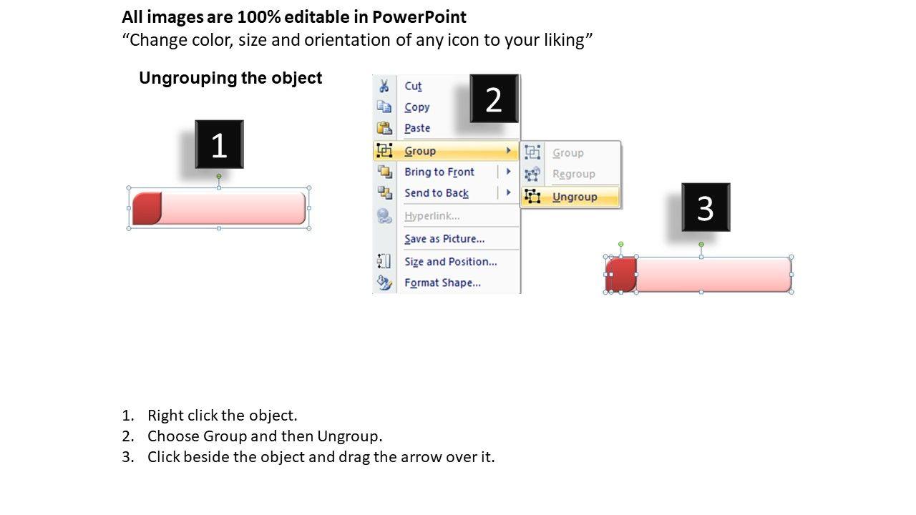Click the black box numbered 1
[x=219, y=144]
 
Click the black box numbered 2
[x=494, y=99]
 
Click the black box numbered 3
[x=706, y=207]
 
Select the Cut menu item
[x=413, y=86]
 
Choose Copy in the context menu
[x=417, y=107]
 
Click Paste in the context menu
[x=417, y=128]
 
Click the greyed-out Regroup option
[x=574, y=174]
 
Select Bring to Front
[x=439, y=172]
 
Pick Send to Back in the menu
[x=437, y=193]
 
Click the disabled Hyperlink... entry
[x=432, y=216]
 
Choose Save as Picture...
[x=444, y=239]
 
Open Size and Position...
[x=451, y=262]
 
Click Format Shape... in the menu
[x=442, y=283]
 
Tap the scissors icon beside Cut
[x=384, y=86]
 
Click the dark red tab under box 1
[x=147, y=208]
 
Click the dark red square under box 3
[x=621, y=275]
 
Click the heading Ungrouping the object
[x=230, y=78]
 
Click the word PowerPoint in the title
[x=419, y=17]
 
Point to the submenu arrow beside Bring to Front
[x=508, y=171]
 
